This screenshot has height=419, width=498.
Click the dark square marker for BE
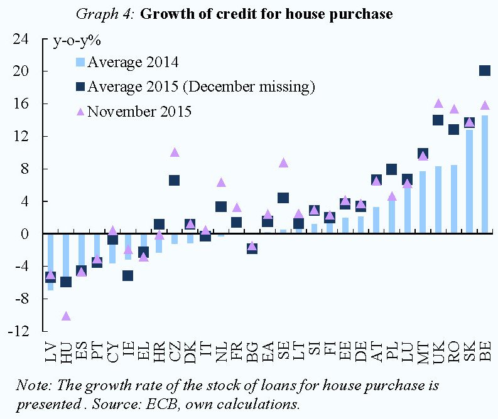485,71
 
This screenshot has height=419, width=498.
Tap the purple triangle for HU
66,316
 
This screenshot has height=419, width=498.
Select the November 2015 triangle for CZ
175,152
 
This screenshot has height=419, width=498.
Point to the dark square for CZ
175,181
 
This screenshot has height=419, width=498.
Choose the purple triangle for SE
283,163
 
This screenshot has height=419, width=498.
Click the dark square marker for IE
128,275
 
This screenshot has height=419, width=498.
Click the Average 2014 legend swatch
79,62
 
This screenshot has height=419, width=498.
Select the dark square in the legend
80,86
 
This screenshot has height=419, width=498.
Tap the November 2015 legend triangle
80,112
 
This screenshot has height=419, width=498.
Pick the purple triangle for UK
438,103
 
